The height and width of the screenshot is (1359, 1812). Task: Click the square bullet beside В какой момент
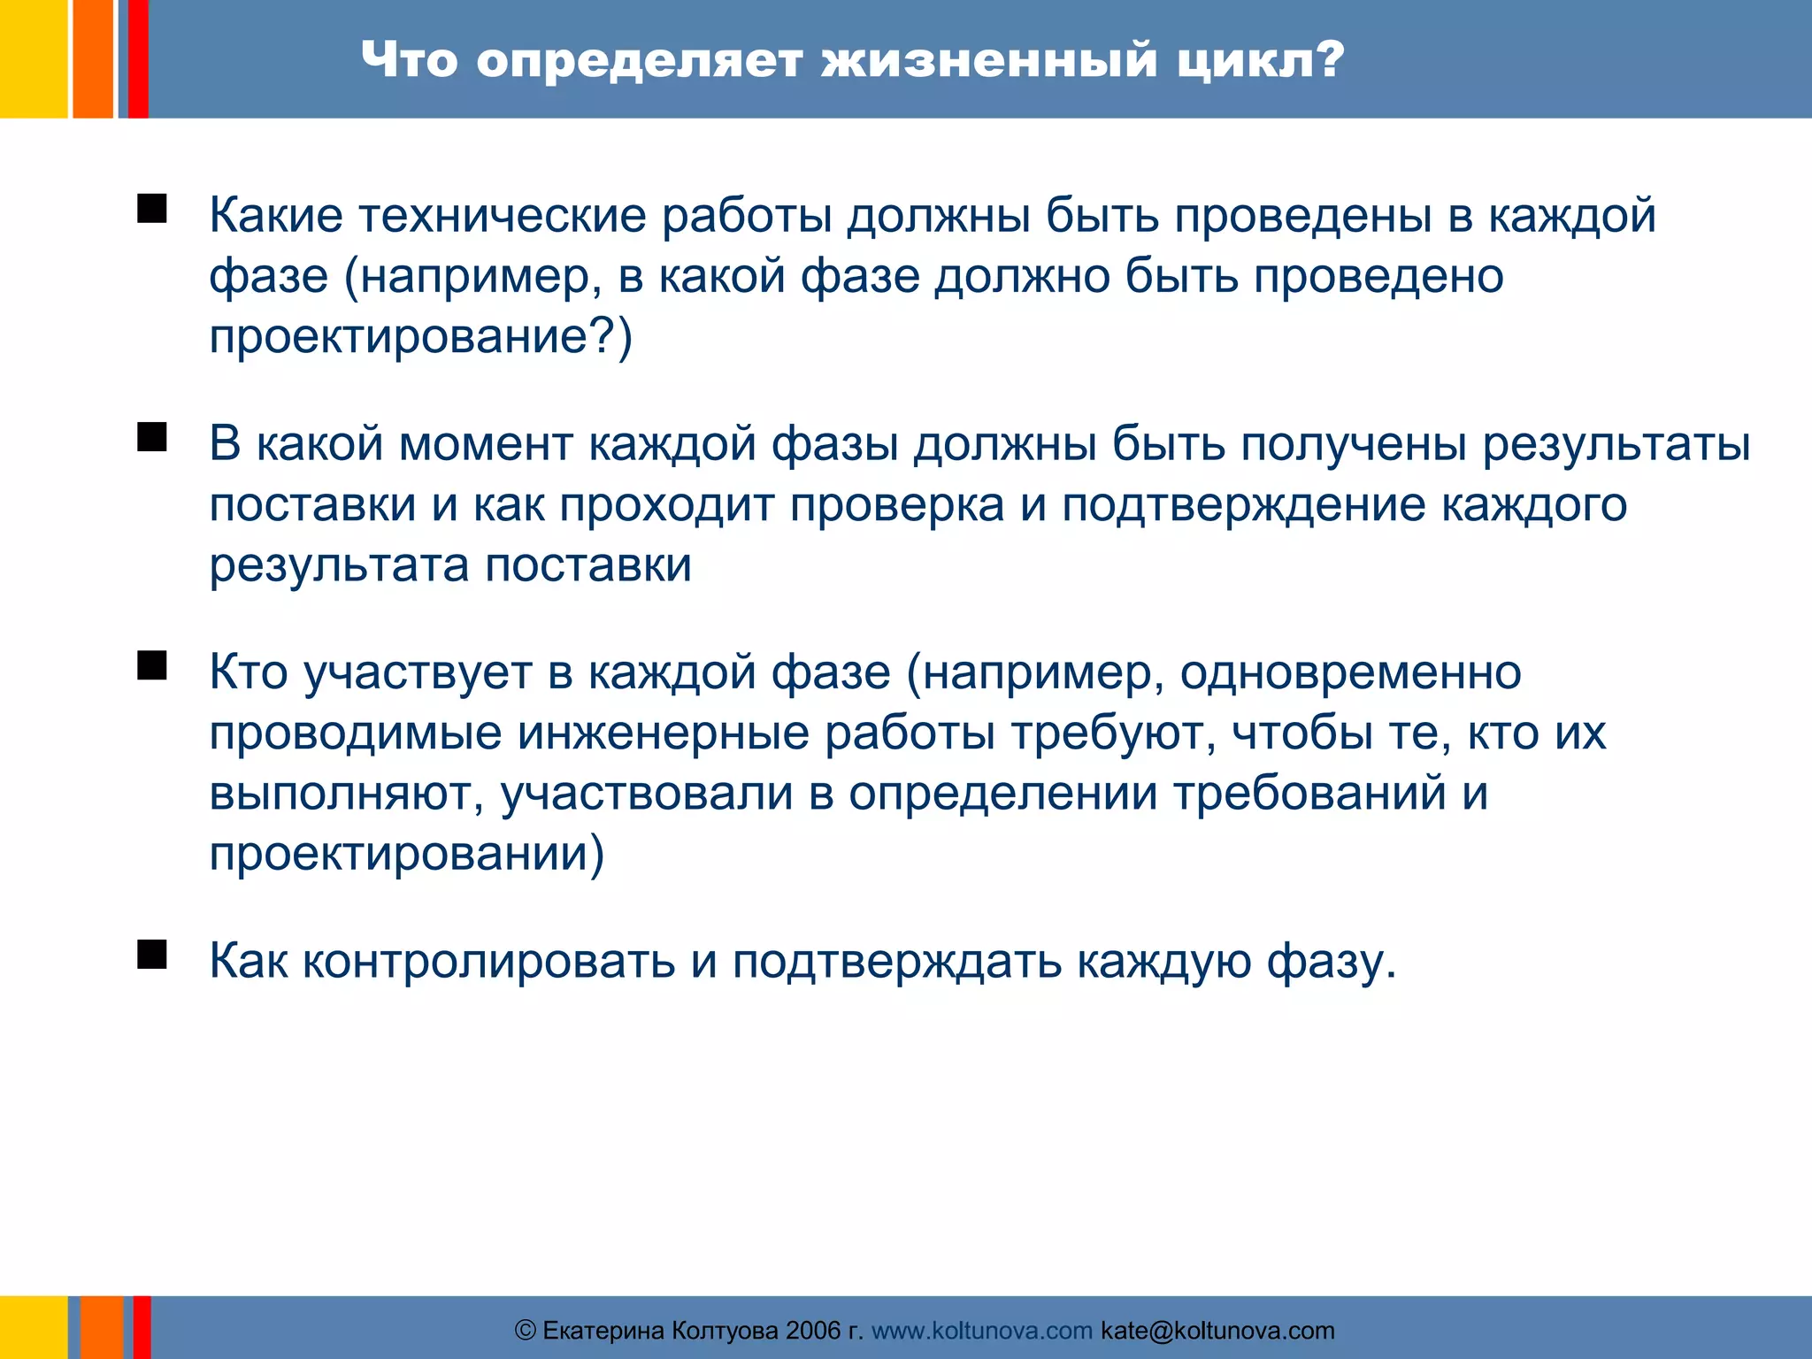pos(152,437)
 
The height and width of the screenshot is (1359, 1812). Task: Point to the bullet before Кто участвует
pos(152,665)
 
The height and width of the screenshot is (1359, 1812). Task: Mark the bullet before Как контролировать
pos(152,955)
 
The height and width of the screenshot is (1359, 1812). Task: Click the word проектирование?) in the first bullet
pos(421,337)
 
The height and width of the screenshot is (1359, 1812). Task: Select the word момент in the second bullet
pos(486,444)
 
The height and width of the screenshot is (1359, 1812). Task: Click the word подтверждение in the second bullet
pos(1243,505)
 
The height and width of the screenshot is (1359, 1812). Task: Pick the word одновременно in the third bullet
pos(1350,672)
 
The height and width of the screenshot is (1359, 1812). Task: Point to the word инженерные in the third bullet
pos(663,733)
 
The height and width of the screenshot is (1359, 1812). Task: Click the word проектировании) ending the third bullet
pos(407,855)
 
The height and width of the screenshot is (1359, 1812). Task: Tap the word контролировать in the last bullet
pos(489,962)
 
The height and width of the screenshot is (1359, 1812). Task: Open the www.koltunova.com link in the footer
pos(982,1331)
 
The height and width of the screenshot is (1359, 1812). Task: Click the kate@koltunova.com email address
pos(1217,1331)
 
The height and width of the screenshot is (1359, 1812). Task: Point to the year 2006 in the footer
pos(813,1331)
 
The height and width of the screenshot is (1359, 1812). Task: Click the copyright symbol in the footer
pos(526,1331)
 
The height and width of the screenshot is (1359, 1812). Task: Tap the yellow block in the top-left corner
pos(33,58)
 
